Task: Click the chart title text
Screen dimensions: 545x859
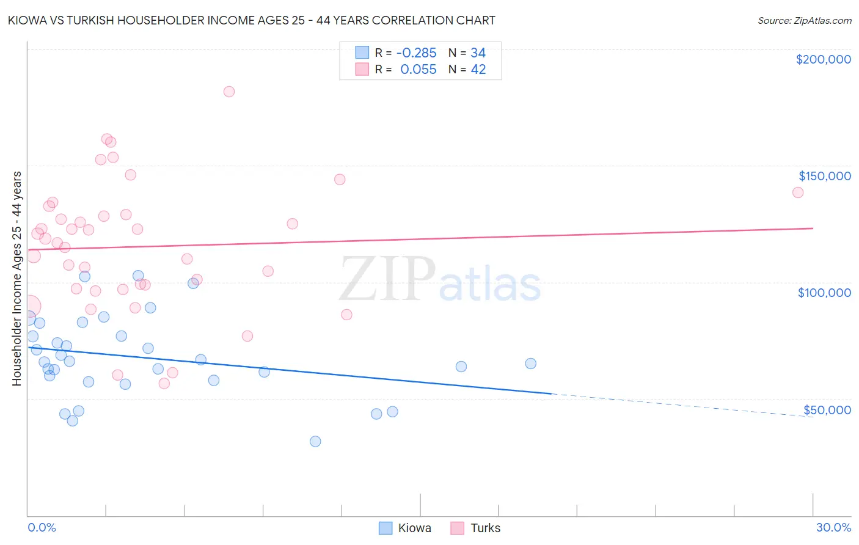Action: (x=251, y=20)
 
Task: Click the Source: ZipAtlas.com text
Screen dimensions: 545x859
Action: (x=804, y=20)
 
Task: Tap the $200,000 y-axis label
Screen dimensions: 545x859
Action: (x=823, y=59)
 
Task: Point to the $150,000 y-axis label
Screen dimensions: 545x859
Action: (x=824, y=176)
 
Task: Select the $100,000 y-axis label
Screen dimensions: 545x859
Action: (x=824, y=293)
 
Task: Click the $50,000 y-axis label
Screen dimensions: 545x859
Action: (x=827, y=409)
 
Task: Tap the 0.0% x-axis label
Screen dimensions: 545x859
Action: (x=42, y=527)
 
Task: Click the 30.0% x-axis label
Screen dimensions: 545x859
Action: (x=833, y=527)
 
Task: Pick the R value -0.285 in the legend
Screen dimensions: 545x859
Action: (x=415, y=53)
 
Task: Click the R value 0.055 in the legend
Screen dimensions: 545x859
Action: (x=418, y=70)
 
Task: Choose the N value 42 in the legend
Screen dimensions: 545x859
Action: (x=478, y=70)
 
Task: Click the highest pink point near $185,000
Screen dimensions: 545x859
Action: (x=229, y=92)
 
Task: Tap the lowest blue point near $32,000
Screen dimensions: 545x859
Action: (x=315, y=441)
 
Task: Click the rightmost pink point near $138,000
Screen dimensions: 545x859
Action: (x=797, y=192)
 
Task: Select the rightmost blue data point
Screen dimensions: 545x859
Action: (x=530, y=364)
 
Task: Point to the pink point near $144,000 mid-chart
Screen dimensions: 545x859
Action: (x=340, y=180)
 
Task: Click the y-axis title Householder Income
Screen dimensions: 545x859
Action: (x=16, y=278)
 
